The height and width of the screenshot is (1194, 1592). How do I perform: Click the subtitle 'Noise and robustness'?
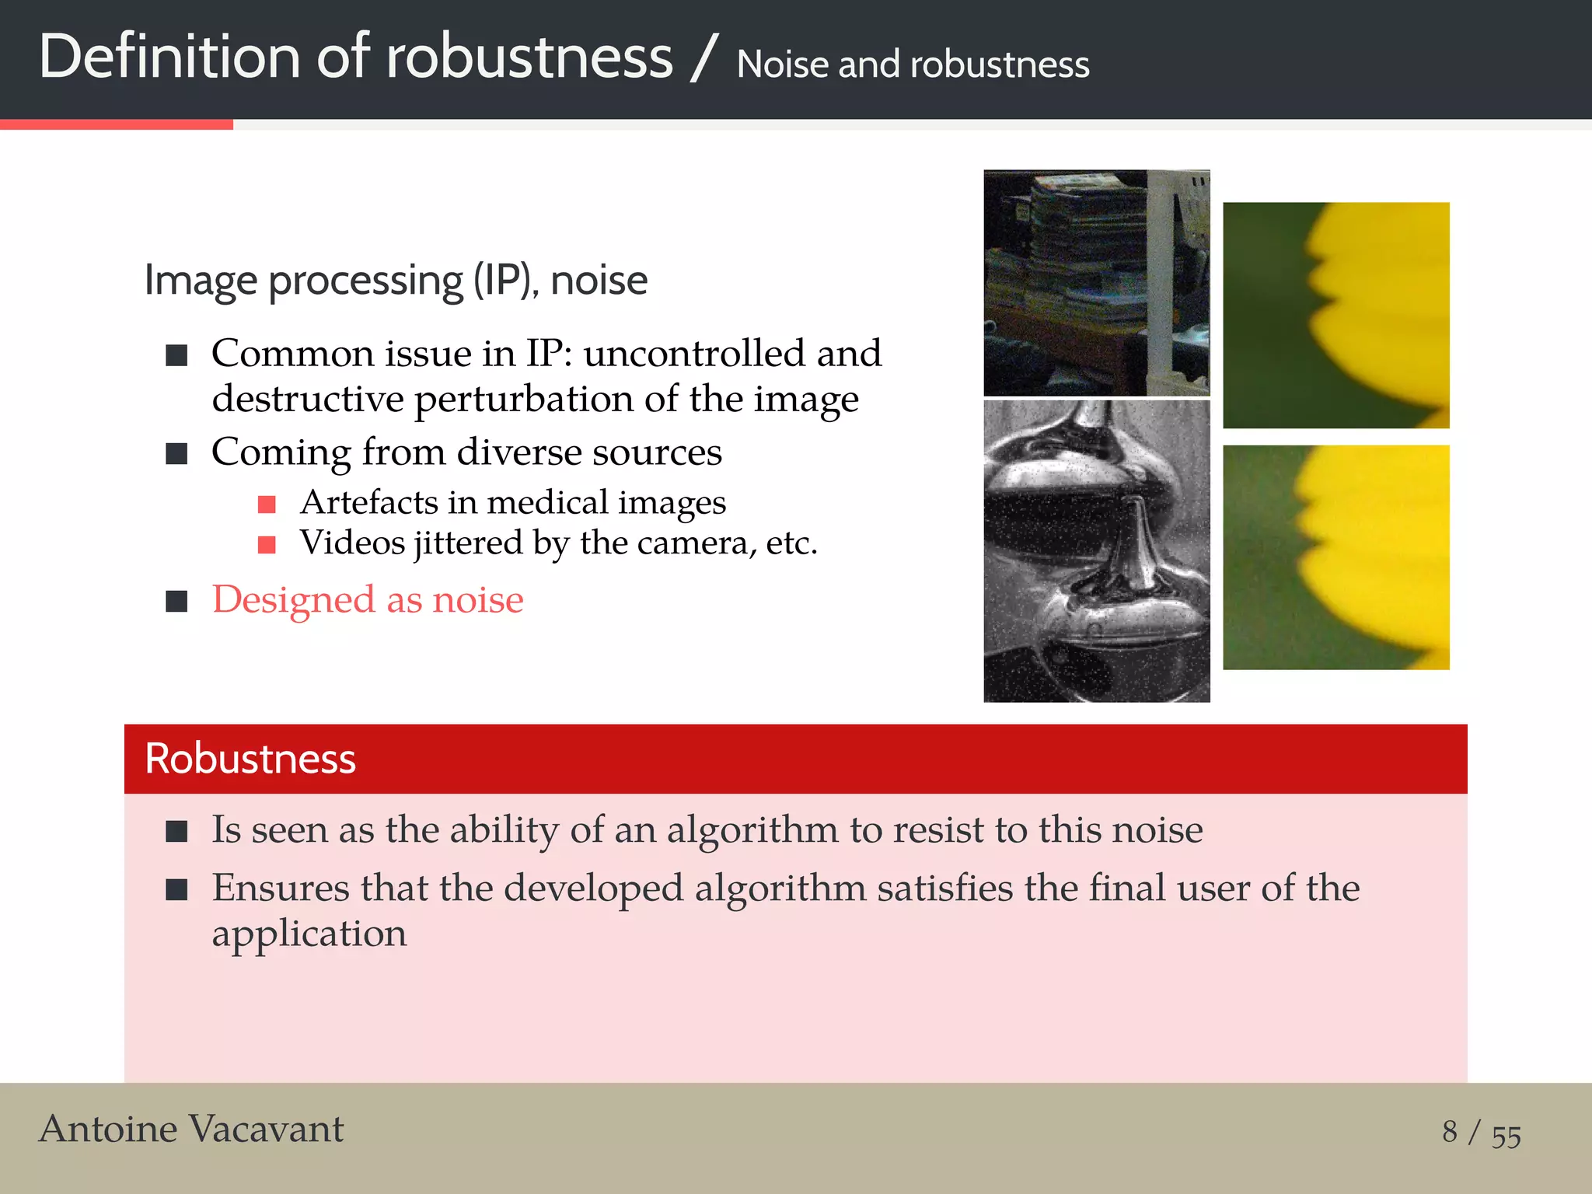click(x=913, y=65)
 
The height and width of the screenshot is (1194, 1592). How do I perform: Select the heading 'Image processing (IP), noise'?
click(x=396, y=281)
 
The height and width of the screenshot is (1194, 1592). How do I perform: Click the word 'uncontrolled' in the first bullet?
click(x=694, y=354)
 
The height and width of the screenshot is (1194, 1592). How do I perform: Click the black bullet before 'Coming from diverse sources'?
click(x=177, y=453)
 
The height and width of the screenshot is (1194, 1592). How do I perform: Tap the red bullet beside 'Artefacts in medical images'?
click(x=267, y=504)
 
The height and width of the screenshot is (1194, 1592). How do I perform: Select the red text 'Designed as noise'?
click(x=368, y=600)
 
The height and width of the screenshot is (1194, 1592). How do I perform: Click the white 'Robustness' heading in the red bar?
click(x=250, y=759)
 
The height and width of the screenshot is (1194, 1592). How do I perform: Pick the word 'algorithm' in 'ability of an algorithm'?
click(x=752, y=830)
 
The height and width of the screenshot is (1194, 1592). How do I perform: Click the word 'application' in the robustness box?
click(x=309, y=934)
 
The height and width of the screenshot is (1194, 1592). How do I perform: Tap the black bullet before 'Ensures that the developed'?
click(x=177, y=889)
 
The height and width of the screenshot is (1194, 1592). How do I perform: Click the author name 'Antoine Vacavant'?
click(x=191, y=1129)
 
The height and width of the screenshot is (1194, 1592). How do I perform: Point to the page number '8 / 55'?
click(x=1481, y=1133)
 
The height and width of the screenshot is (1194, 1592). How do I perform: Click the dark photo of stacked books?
click(x=1096, y=283)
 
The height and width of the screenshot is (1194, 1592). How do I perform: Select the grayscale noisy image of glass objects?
click(x=1096, y=551)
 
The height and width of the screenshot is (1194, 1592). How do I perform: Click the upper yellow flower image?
click(x=1335, y=316)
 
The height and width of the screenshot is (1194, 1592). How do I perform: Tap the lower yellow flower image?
click(x=1335, y=557)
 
